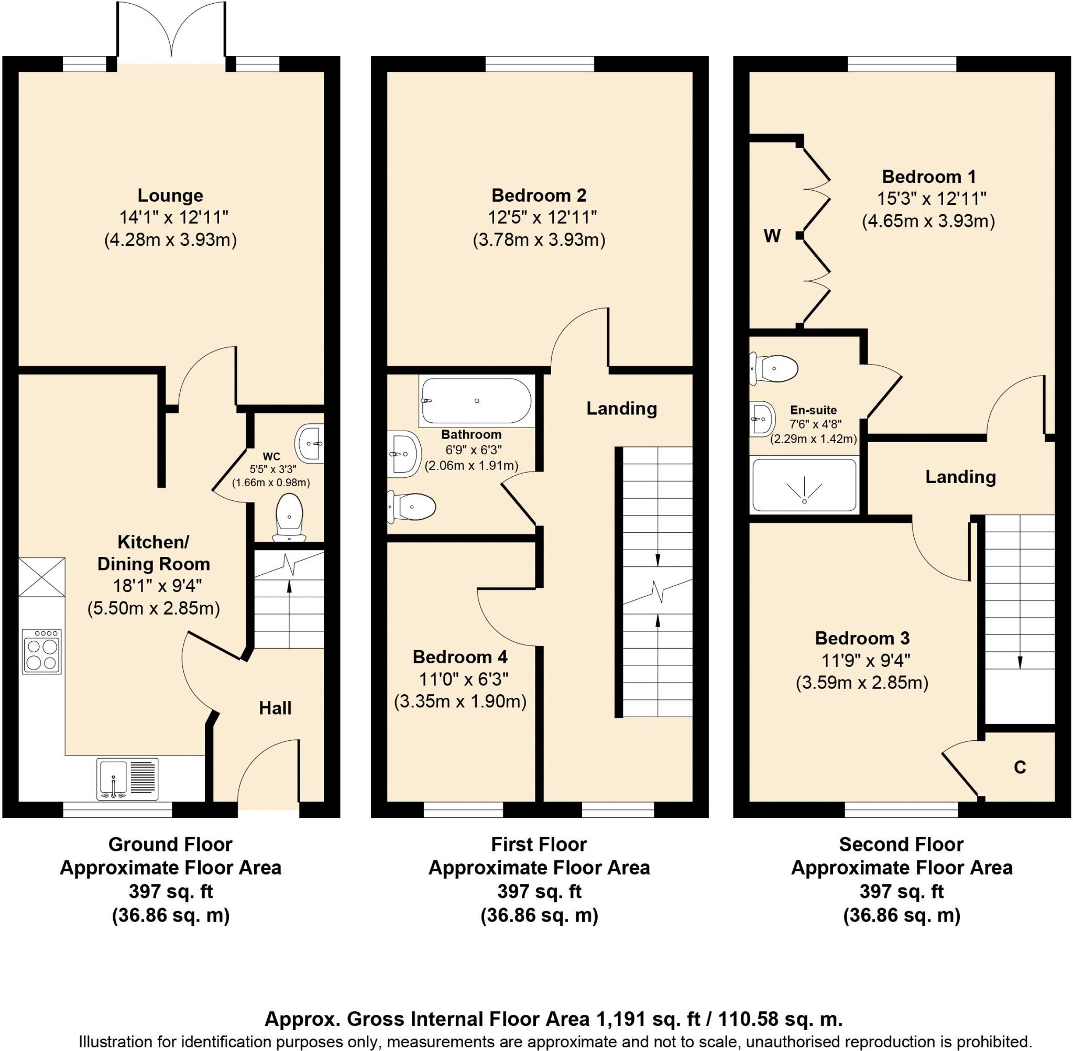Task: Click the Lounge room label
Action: coord(170,195)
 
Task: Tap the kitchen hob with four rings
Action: coord(42,652)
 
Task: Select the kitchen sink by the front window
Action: coord(127,779)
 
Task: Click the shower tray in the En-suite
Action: coord(804,484)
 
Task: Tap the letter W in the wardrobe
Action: coord(772,236)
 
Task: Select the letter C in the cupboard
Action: coord(1020,767)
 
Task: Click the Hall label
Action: coord(275,708)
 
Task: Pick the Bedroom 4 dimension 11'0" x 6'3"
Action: coord(461,679)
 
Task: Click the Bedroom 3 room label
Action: coord(862,638)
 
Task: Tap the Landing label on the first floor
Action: coord(621,409)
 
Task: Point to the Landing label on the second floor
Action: coord(960,477)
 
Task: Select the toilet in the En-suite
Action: coord(774,368)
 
